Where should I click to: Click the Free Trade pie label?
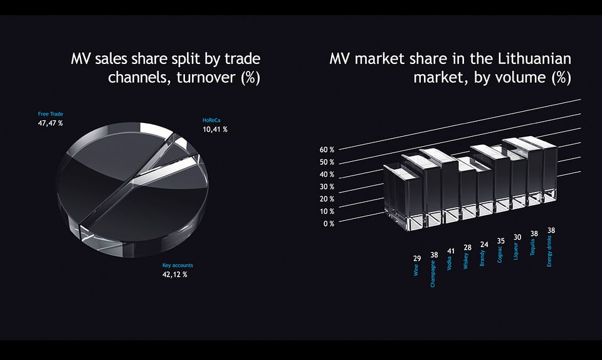(x=50, y=114)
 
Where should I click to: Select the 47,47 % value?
(x=50, y=123)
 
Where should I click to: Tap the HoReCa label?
(x=211, y=120)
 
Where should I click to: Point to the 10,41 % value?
(x=215, y=129)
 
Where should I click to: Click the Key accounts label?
(x=177, y=265)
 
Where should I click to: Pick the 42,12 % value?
(x=175, y=275)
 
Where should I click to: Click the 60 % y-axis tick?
(x=327, y=150)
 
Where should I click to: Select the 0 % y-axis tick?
(x=329, y=223)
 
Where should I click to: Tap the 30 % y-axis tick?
(x=327, y=186)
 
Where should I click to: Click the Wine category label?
(x=416, y=270)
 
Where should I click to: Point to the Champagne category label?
(x=433, y=273)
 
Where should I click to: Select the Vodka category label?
(x=449, y=263)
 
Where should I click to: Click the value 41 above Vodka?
(x=451, y=251)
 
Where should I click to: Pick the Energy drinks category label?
(x=549, y=251)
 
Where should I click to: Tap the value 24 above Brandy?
(x=484, y=245)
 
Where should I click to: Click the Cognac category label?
(x=500, y=255)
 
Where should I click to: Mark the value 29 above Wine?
(x=417, y=258)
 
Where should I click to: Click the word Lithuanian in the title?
(x=534, y=59)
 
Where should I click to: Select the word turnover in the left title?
(x=206, y=78)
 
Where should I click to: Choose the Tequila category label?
(x=532, y=247)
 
